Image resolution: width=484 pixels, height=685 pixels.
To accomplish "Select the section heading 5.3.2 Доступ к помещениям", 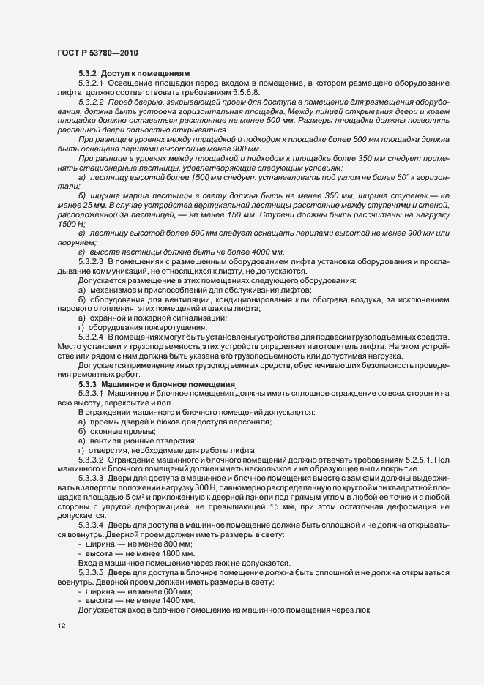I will [134, 74].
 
